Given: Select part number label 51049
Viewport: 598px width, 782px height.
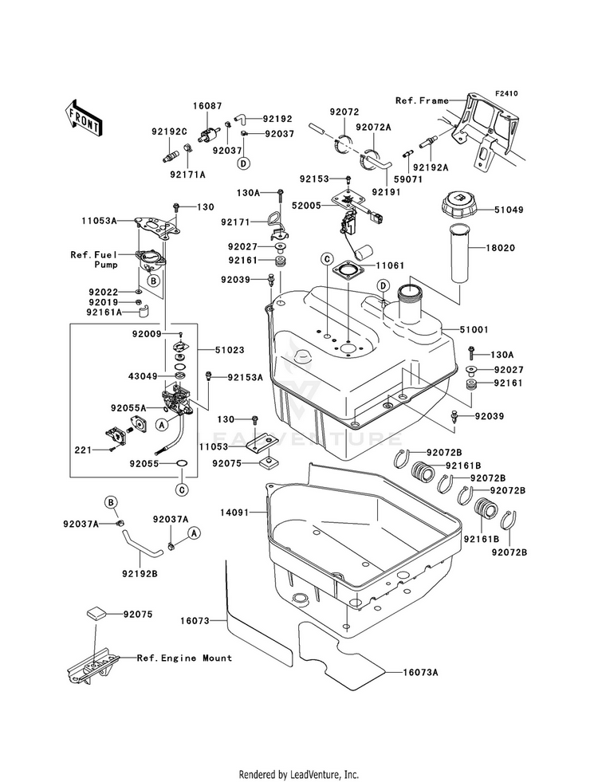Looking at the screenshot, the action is coord(509,210).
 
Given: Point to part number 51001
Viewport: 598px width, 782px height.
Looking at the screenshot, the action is coord(474,330).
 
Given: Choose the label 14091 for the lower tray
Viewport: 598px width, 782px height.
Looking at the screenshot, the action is coord(235,513).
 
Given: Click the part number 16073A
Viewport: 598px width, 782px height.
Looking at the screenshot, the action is coord(421,673).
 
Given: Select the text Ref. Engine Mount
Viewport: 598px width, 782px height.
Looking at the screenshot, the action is coord(184,658).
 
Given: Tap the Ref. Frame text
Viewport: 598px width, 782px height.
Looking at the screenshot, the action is coord(422,100).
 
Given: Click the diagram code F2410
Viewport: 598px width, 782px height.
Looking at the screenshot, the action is coord(507,93).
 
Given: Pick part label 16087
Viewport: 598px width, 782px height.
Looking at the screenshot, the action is coord(207,106).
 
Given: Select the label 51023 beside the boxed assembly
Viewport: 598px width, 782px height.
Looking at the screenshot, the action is coord(230,350).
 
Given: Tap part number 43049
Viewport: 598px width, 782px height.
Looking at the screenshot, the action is coord(144,376).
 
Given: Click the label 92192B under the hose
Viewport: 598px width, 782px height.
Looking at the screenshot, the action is coord(140,574).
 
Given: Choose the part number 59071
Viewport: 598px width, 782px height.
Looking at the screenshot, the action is coord(408,179).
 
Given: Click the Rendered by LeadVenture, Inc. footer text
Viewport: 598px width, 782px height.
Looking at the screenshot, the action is coord(299,774).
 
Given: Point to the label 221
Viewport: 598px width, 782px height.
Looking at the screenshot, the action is coord(83,450).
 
